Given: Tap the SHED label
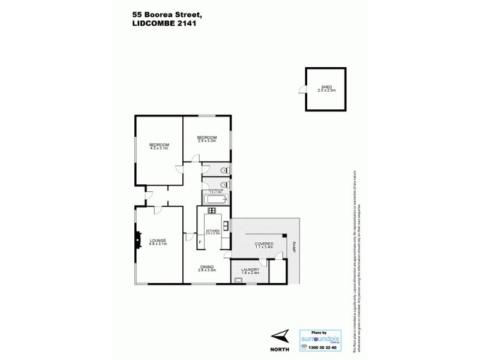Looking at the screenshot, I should pos(326,86).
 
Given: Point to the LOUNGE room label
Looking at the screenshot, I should pos(158,240).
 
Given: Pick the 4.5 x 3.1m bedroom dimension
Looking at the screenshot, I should pos(159,148).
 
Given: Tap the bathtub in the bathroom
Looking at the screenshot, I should pos(215,197).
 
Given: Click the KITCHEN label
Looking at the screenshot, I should pos(214,230).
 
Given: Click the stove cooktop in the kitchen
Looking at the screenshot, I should pos(212,210).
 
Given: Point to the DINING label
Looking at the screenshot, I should pos(207,267).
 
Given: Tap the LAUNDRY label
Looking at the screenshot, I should pos(250,269).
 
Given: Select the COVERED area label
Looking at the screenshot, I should pos(264,244).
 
